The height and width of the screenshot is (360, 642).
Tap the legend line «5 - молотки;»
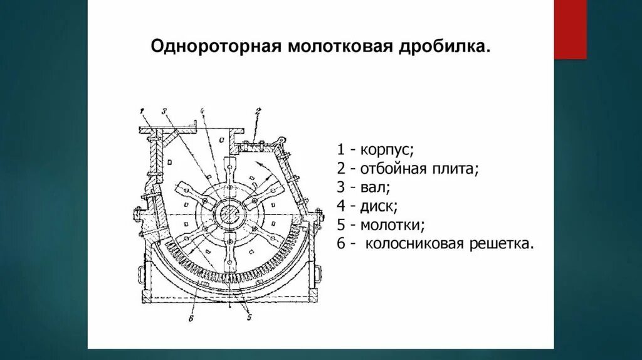[x=381, y=225]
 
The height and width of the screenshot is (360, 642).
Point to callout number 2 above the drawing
[x=257, y=111]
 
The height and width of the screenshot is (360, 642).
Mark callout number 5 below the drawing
[x=248, y=318]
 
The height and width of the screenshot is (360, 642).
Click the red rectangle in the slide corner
[x=571, y=29]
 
